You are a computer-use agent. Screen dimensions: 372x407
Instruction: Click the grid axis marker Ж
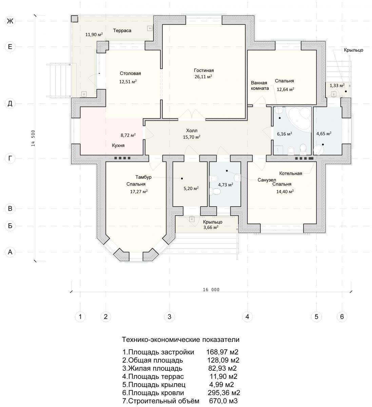[x=10, y=21]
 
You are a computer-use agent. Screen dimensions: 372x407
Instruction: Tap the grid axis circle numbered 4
[x=247, y=316]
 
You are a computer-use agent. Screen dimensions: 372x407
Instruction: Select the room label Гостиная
[x=204, y=71]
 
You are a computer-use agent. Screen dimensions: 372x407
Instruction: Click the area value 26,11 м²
[x=203, y=77]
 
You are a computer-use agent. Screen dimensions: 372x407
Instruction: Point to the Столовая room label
[x=130, y=73]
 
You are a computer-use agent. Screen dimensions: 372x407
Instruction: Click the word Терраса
[x=122, y=31]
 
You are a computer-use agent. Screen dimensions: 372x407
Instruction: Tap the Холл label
[x=192, y=131]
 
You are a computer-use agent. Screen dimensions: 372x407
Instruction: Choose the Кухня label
[x=118, y=146]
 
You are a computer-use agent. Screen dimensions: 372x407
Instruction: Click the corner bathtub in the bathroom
[x=299, y=120]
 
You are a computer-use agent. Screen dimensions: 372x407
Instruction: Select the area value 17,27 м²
[x=139, y=192]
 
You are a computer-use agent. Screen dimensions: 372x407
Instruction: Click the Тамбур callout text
[x=143, y=177]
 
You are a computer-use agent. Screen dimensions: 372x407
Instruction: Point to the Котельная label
[x=291, y=173]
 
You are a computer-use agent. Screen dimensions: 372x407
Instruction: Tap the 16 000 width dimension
[x=211, y=290]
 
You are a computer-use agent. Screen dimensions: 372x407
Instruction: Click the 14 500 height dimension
[x=33, y=138]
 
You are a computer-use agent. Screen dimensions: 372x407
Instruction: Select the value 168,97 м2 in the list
[x=222, y=352]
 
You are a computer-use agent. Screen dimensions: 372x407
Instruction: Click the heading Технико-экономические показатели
[x=180, y=340]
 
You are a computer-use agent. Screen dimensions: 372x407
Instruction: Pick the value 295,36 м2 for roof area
[x=224, y=393]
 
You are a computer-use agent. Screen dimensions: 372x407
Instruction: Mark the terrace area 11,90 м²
[x=94, y=35]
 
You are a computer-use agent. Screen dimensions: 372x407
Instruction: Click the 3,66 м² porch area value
[x=211, y=228]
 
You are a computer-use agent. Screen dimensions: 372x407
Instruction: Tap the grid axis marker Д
[x=10, y=103]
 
